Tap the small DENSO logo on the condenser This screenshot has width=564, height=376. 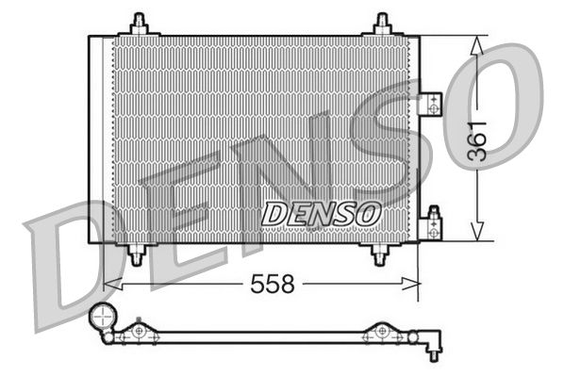click(321, 214)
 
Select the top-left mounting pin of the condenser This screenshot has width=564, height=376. click(141, 23)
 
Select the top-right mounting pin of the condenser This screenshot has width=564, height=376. click(381, 23)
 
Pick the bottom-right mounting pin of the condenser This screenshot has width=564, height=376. click(381, 254)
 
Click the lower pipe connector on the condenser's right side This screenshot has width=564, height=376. click(433, 222)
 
